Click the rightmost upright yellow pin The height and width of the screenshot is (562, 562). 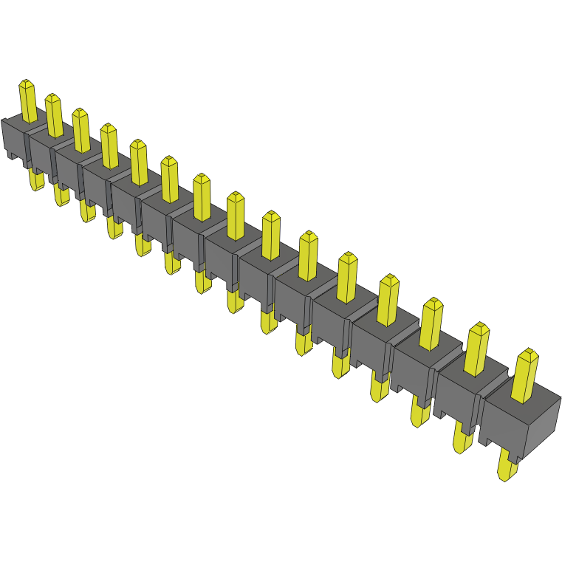point(526,377)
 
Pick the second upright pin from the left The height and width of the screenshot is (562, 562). point(54,116)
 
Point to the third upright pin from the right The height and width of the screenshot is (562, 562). point(432,324)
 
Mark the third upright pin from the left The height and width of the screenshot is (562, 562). point(80,131)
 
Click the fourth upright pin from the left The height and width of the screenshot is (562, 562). point(109,145)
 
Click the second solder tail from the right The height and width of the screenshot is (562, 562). point(462,439)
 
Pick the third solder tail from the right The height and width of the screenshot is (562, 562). point(419,414)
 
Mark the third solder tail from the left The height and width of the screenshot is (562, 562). point(87,211)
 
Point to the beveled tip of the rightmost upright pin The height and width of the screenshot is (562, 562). point(527,354)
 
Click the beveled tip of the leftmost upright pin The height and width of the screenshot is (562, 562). point(27,83)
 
